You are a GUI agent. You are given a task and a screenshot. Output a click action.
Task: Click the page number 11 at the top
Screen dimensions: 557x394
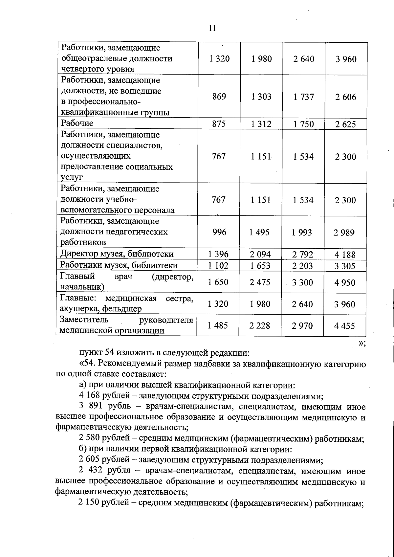212,28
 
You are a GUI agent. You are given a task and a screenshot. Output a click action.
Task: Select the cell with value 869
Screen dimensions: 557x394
219,97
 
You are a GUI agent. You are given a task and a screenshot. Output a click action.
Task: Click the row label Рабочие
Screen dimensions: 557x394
77,123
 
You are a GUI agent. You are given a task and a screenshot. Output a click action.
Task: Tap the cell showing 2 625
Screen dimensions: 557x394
345,124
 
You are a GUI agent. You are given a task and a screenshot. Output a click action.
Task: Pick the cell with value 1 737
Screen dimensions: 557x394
303,97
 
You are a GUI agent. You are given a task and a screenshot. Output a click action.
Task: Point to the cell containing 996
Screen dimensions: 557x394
219,232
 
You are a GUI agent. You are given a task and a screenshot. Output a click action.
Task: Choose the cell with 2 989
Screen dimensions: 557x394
345,233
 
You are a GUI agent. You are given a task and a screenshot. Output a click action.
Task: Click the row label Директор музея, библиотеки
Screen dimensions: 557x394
117,254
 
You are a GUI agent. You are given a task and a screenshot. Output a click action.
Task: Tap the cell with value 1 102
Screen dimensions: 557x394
218,265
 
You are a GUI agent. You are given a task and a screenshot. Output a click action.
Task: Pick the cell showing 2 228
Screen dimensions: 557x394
260,326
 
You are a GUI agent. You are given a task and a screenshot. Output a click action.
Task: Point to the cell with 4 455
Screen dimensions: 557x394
345,326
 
